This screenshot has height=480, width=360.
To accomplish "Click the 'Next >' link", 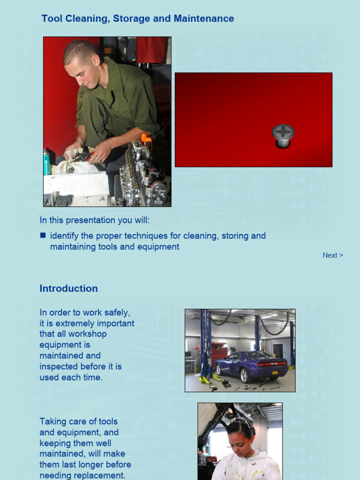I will click(332, 255).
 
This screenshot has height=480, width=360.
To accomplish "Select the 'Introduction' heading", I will click(68, 289).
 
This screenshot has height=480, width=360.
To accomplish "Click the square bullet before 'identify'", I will click(43, 235).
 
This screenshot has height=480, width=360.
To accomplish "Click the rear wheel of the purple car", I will click(244, 375).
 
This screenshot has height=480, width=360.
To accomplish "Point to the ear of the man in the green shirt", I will click(96, 60).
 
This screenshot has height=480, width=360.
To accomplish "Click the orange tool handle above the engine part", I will click(146, 140).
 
